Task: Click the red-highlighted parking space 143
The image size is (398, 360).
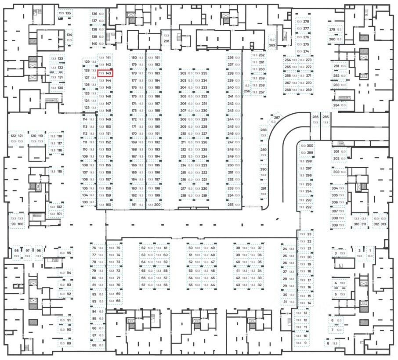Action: coord(105,74)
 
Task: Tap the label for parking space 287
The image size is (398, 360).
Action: coord(277,119)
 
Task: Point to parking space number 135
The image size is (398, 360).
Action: coord(65,14)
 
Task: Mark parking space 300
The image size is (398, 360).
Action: coord(306,146)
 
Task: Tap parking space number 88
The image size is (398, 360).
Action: coord(97,346)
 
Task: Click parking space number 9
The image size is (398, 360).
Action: coord(301,343)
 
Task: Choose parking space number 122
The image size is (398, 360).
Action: coord(13,139)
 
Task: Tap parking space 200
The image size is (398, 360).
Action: coord(154,205)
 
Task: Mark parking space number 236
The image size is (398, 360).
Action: coord(233,58)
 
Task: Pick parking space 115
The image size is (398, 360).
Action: coord(56,171)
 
